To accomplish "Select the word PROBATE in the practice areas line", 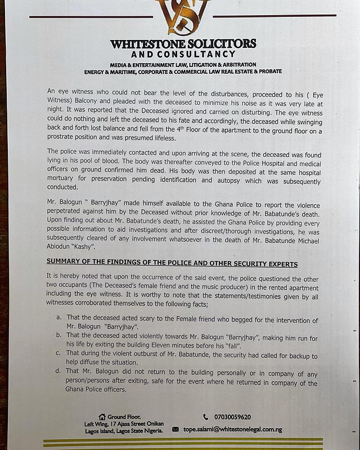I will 268,72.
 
